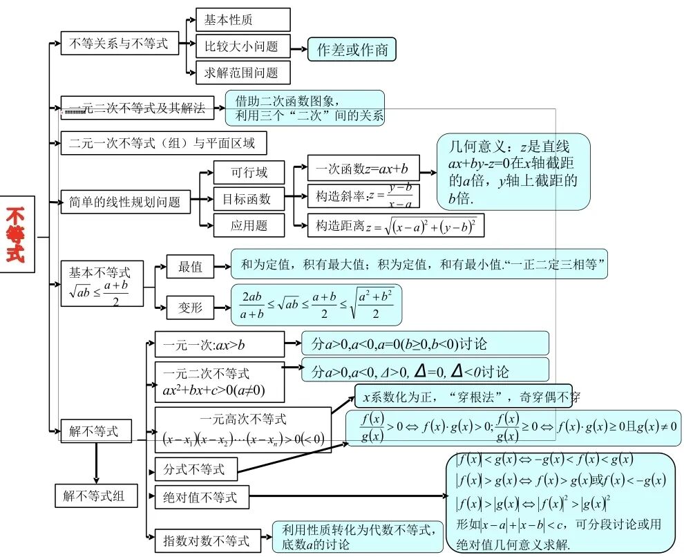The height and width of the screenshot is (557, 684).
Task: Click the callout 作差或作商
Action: [352, 49]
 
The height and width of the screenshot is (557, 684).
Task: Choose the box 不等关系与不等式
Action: [119, 44]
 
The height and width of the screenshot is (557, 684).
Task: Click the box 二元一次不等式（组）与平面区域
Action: [163, 143]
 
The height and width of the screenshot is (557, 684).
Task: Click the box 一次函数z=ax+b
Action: [363, 168]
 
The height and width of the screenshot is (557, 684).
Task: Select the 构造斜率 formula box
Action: [363, 196]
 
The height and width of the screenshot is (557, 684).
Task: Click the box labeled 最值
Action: [190, 267]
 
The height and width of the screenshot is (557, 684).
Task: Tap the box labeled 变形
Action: [190, 308]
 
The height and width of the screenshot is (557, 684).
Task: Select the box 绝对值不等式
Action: [201, 497]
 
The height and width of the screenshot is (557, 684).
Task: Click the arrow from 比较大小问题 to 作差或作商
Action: [298, 49]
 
